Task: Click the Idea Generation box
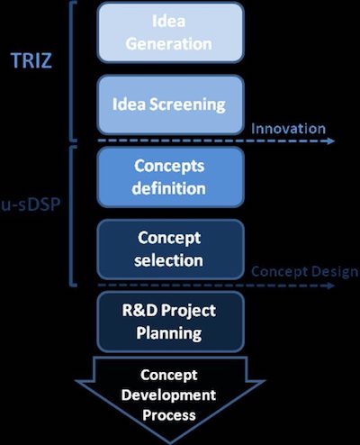pyautogui.click(x=170, y=32)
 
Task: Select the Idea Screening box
pyautogui.click(x=170, y=104)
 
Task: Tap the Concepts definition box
pyautogui.click(x=170, y=177)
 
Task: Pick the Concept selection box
pyautogui.click(x=170, y=250)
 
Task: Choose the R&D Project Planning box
pyautogui.click(x=170, y=322)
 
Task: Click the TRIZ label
pyautogui.click(x=31, y=60)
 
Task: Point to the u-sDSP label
pyautogui.click(x=31, y=205)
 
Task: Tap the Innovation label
pyautogui.click(x=288, y=129)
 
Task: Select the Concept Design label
pyautogui.click(x=305, y=272)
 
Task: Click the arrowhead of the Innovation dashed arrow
pyautogui.click(x=331, y=141)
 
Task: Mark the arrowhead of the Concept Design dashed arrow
pyautogui.click(x=331, y=286)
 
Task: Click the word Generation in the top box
pyautogui.click(x=169, y=44)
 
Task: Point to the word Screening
pyautogui.click(x=187, y=104)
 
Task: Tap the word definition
pyautogui.click(x=168, y=188)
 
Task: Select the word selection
pyautogui.click(x=168, y=260)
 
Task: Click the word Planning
pyautogui.click(x=169, y=333)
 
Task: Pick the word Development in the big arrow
pyautogui.click(x=168, y=395)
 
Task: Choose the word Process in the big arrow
pyautogui.click(x=169, y=415)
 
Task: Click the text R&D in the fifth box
pyautogui.click(x=139, y=311)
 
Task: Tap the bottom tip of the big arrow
pyautogui.click(x=170, y=442)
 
